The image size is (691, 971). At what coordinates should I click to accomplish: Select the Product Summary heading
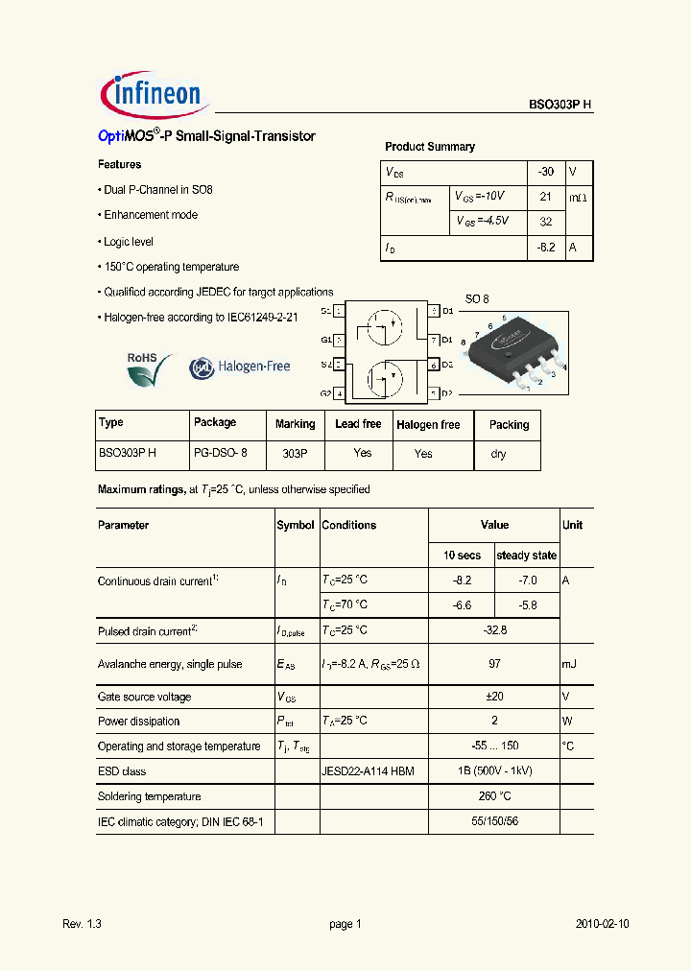tap(430, 147)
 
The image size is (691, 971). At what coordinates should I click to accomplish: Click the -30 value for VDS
tap(546, 172)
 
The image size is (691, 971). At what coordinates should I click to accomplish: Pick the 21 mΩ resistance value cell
tap(546, 197)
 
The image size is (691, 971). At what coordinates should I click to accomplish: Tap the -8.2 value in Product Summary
tap(546, 247)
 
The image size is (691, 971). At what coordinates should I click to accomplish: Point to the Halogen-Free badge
tap(239, 367)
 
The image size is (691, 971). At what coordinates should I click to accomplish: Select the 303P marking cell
tap(295, 454)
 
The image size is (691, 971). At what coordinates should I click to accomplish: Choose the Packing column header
tap(509, 424)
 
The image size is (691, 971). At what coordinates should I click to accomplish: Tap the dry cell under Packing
tap(499, 454)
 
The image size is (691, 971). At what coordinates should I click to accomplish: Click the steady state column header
tap(526, 556)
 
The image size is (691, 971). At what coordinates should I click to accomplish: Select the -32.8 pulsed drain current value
tap(494, 630)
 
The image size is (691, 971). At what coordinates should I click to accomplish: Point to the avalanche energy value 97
tap(494, 664)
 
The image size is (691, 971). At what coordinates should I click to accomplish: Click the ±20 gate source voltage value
tap(494, 697)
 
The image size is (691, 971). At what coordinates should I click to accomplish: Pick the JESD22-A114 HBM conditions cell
tap(368, 771)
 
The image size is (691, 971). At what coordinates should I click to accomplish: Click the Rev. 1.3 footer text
tap(82, 924)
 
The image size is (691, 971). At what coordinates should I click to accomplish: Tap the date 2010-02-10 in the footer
tap(603, 924)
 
